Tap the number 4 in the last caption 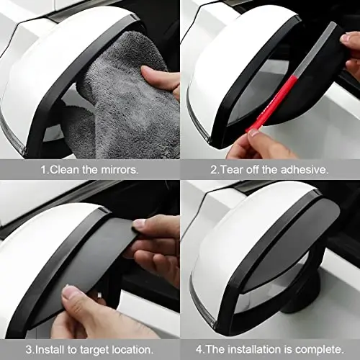click(x=198, y=349)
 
